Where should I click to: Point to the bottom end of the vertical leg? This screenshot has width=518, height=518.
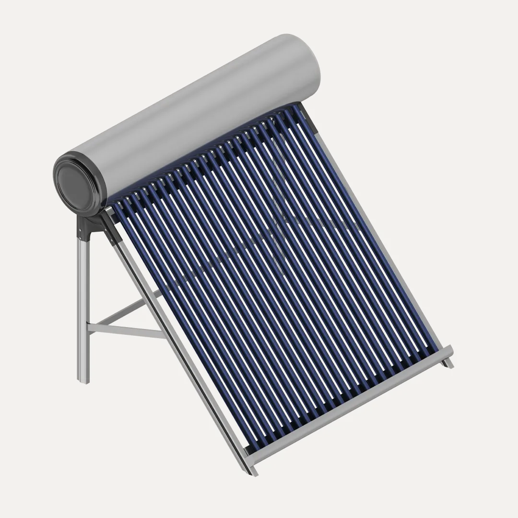point(83,379)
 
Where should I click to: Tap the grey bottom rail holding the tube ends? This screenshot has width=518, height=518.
point(350,403)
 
